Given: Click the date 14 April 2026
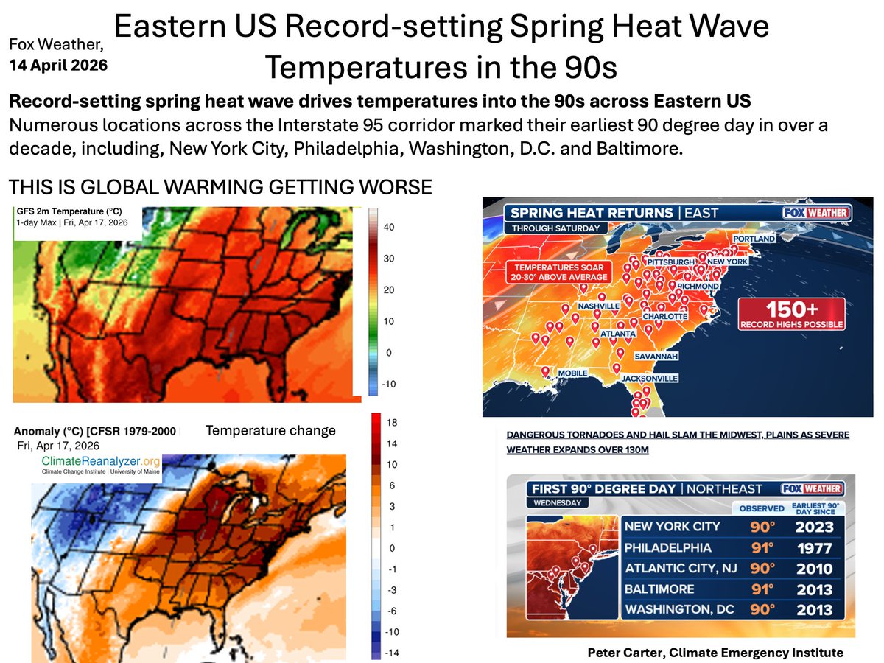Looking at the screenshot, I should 57,65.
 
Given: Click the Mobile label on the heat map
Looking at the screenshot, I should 572,373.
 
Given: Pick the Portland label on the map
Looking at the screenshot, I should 754,239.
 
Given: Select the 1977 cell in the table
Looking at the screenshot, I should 813,548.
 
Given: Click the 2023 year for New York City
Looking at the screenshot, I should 813,527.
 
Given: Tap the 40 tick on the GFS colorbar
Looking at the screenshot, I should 388,228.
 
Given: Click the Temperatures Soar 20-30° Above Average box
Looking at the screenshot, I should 568,271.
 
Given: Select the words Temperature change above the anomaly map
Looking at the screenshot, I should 270,431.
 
